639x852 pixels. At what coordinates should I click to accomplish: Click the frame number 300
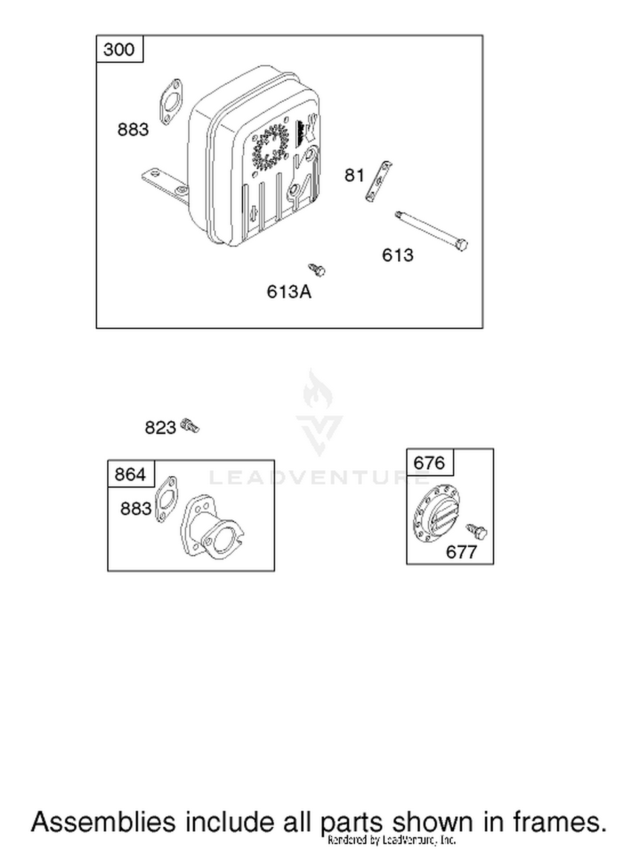[x=119, y=49]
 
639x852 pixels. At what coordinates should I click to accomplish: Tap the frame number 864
[x=130, y=474]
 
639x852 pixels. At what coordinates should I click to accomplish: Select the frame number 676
[x=429, y=463]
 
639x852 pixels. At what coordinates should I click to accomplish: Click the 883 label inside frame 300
[x=133, y=130]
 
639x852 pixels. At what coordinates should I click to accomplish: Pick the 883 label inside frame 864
[x=136, y=509]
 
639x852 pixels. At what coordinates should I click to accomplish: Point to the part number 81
[x=354, y=175]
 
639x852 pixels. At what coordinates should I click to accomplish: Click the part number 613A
[x=289, y=292]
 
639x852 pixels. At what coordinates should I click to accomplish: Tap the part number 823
[x=160, y=428]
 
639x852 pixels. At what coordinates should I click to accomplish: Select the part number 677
[x=461, y=552]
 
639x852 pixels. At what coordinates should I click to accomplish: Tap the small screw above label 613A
[x=317, y=269]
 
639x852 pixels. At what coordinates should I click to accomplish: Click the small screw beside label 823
[x=190, y=426]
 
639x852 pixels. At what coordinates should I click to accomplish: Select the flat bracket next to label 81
[x=379, y=181]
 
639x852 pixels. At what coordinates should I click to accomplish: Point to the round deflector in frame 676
[x=437, y=513]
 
